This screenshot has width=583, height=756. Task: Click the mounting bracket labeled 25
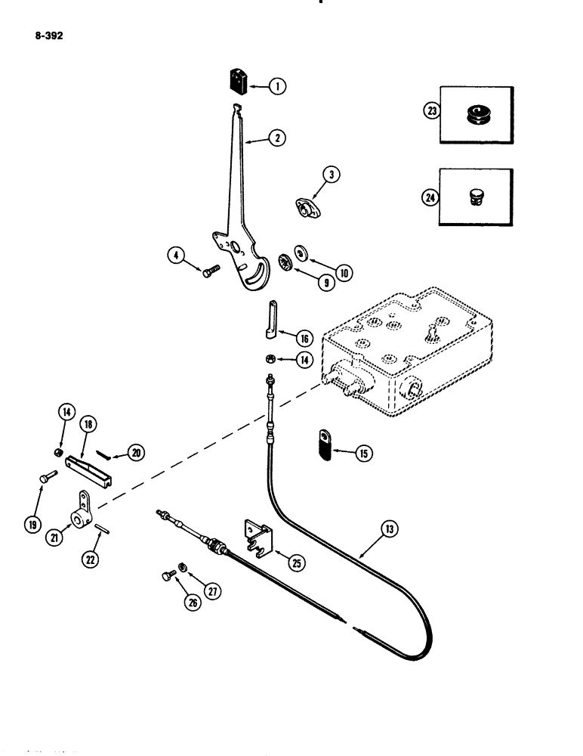click(x=255, y=537)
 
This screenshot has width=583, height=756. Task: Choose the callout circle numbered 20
click(x=137, y=453)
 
